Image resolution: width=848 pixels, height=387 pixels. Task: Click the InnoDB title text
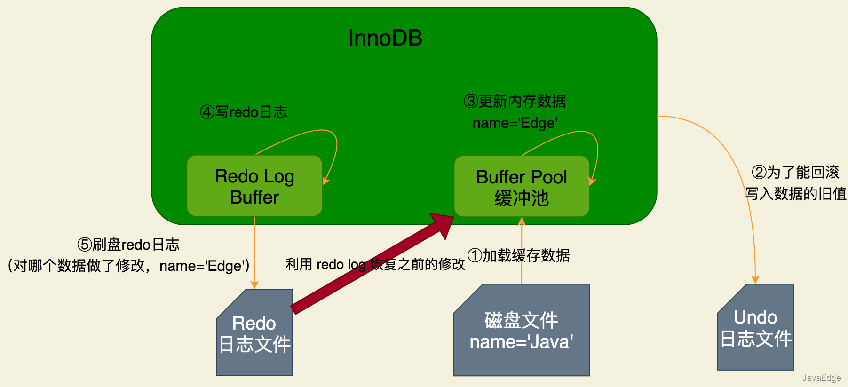pos(385,38)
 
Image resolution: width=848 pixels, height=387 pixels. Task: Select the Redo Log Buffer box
pos(254,186)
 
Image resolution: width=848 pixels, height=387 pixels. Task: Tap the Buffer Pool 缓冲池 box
pos(521,187)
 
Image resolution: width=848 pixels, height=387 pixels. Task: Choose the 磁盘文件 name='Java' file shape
pos(521,332)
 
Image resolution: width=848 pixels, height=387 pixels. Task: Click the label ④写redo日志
pos(244,112)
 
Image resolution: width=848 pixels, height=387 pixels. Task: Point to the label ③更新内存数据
pos(515,101)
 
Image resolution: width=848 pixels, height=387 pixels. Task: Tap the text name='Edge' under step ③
pos(515,123)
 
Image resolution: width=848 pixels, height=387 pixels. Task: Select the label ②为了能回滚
pos(796,172)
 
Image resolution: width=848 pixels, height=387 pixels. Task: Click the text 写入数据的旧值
pos(796,193)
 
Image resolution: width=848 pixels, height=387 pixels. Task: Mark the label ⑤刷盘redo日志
pos(128,245)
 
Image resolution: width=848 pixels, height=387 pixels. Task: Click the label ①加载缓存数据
pos(519,255)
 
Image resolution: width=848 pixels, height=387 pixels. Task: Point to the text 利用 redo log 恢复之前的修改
pos(375,264)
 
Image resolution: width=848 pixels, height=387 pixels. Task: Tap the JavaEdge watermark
pos(821,378)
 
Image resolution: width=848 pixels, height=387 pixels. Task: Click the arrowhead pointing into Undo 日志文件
pos(755,280)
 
